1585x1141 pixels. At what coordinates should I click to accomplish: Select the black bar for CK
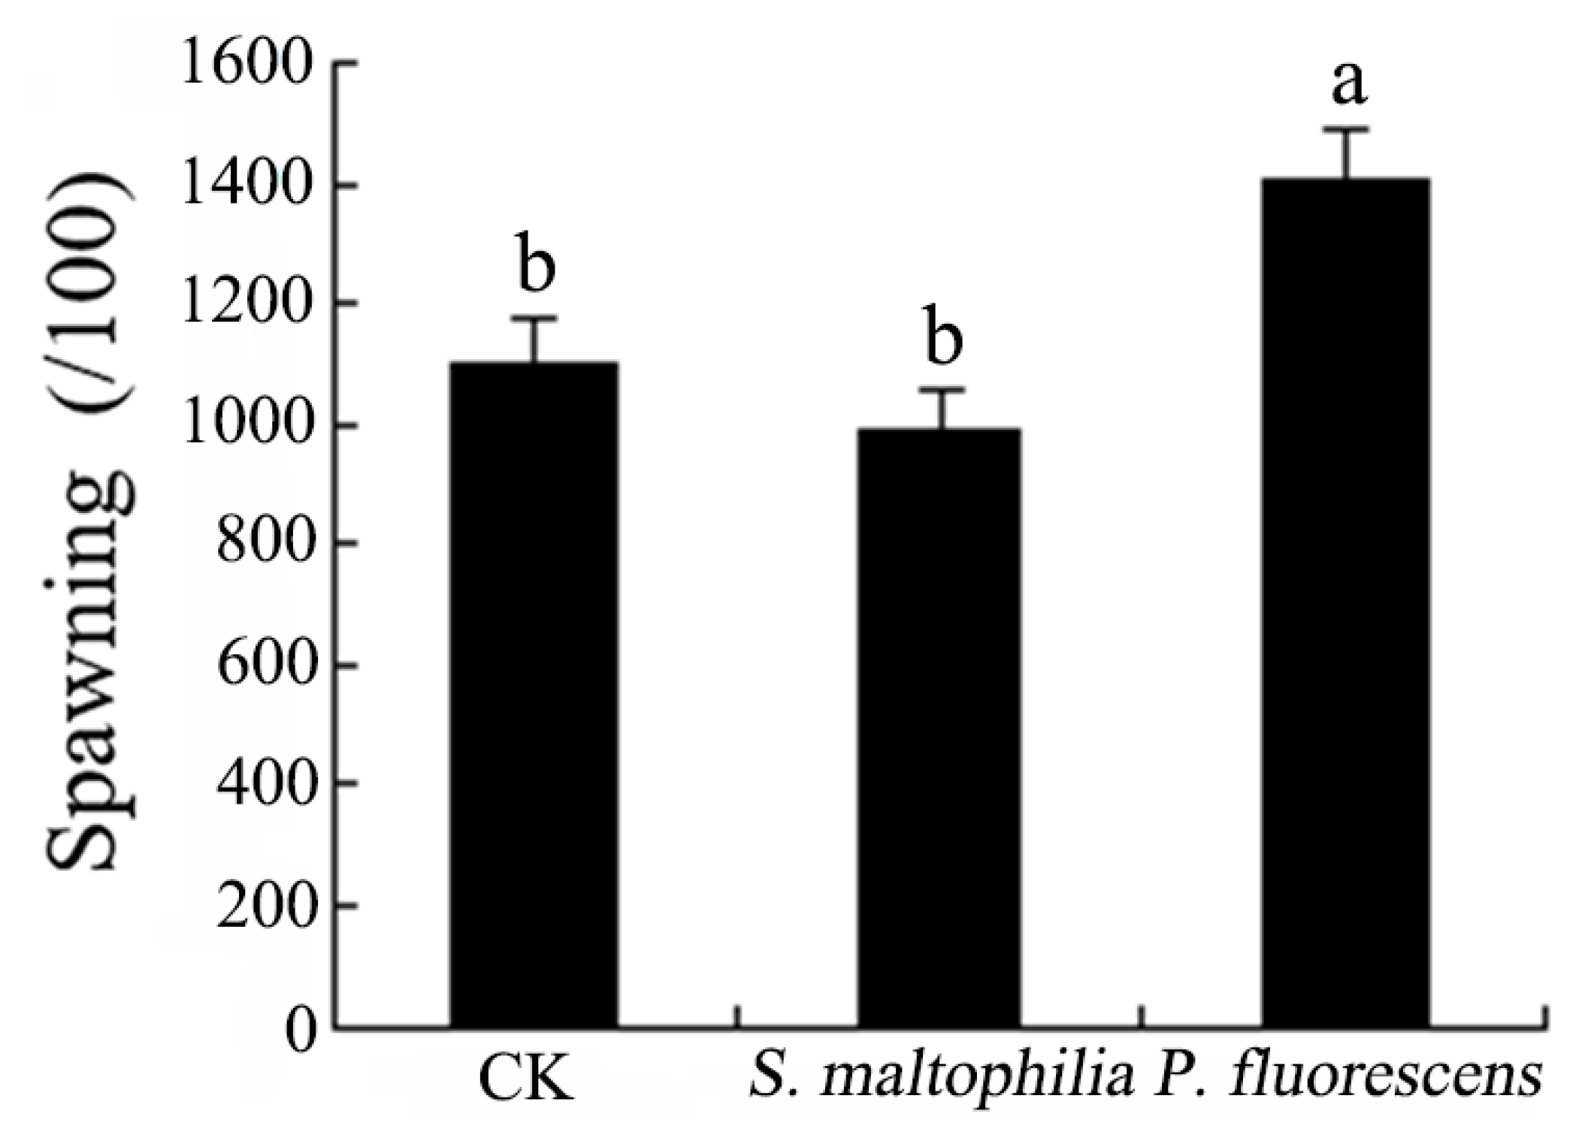pos(534,694)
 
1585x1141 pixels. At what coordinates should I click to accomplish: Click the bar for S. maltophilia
pos(939,728)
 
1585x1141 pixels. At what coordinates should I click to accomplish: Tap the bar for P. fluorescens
pos(1345,603)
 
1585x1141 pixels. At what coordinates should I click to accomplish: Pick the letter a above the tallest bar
pos(1349,84)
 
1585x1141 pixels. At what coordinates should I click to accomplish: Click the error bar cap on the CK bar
pos(534,318)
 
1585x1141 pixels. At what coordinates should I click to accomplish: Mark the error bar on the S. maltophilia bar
pos(940,409)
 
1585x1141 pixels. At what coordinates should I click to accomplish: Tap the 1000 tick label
pos(246,425)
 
